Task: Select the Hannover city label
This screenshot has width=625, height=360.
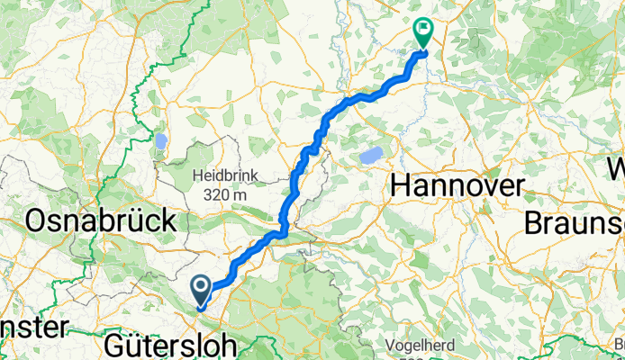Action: [457, 187]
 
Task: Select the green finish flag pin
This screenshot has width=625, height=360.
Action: [422, 31]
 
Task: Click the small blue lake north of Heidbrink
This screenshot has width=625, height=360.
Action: [161, 141]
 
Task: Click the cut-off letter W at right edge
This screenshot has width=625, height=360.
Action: [616, 168]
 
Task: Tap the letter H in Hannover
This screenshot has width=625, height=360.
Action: [401, 187]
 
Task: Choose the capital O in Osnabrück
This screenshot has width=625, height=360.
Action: [41, 220]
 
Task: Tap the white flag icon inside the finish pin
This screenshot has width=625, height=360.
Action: [422, 28]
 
